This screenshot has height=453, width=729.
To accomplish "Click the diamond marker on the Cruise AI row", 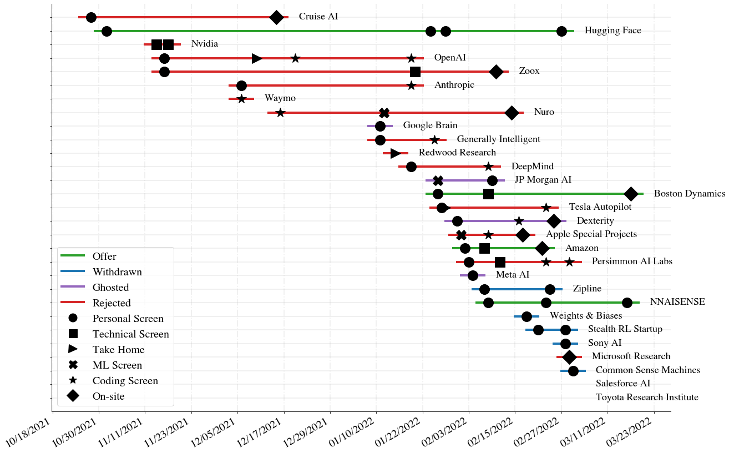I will (x=276, y=17).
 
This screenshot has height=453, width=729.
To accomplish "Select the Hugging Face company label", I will (x=612, y=31).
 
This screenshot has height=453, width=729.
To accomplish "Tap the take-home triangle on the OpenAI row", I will (x=257, y=58).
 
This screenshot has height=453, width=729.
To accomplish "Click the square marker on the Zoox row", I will (x=415, y=72).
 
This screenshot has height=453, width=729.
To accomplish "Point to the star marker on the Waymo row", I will (x=241, y=99).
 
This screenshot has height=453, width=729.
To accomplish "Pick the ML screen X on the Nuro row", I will (x=384, y=113).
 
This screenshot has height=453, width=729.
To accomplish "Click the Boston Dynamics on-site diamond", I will (x=631, y=194).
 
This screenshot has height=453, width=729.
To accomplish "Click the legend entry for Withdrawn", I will (x=117, y=272).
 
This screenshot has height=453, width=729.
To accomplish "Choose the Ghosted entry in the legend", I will (x=110, y=288).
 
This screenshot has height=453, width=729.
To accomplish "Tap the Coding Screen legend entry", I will (x=125, y=381).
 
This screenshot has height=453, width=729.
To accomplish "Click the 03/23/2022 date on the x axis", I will (x=632, y=430).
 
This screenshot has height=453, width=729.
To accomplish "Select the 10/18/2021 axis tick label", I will (x=31, y=430).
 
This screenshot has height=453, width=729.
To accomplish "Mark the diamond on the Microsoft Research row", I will (x=569, y=356).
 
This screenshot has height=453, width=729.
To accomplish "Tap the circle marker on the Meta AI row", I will (x=473, y=275).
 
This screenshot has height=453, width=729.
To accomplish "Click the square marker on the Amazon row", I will (x=484, y=248).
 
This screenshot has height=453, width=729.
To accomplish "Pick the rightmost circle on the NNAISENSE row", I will (x=627, y=303).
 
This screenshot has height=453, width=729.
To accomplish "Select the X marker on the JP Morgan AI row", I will (x=438, y=180).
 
